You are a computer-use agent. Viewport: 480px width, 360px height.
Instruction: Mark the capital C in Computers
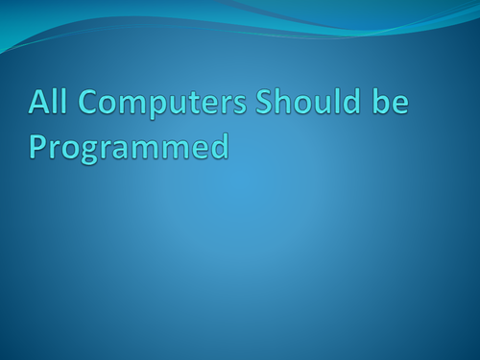click(79, 102)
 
